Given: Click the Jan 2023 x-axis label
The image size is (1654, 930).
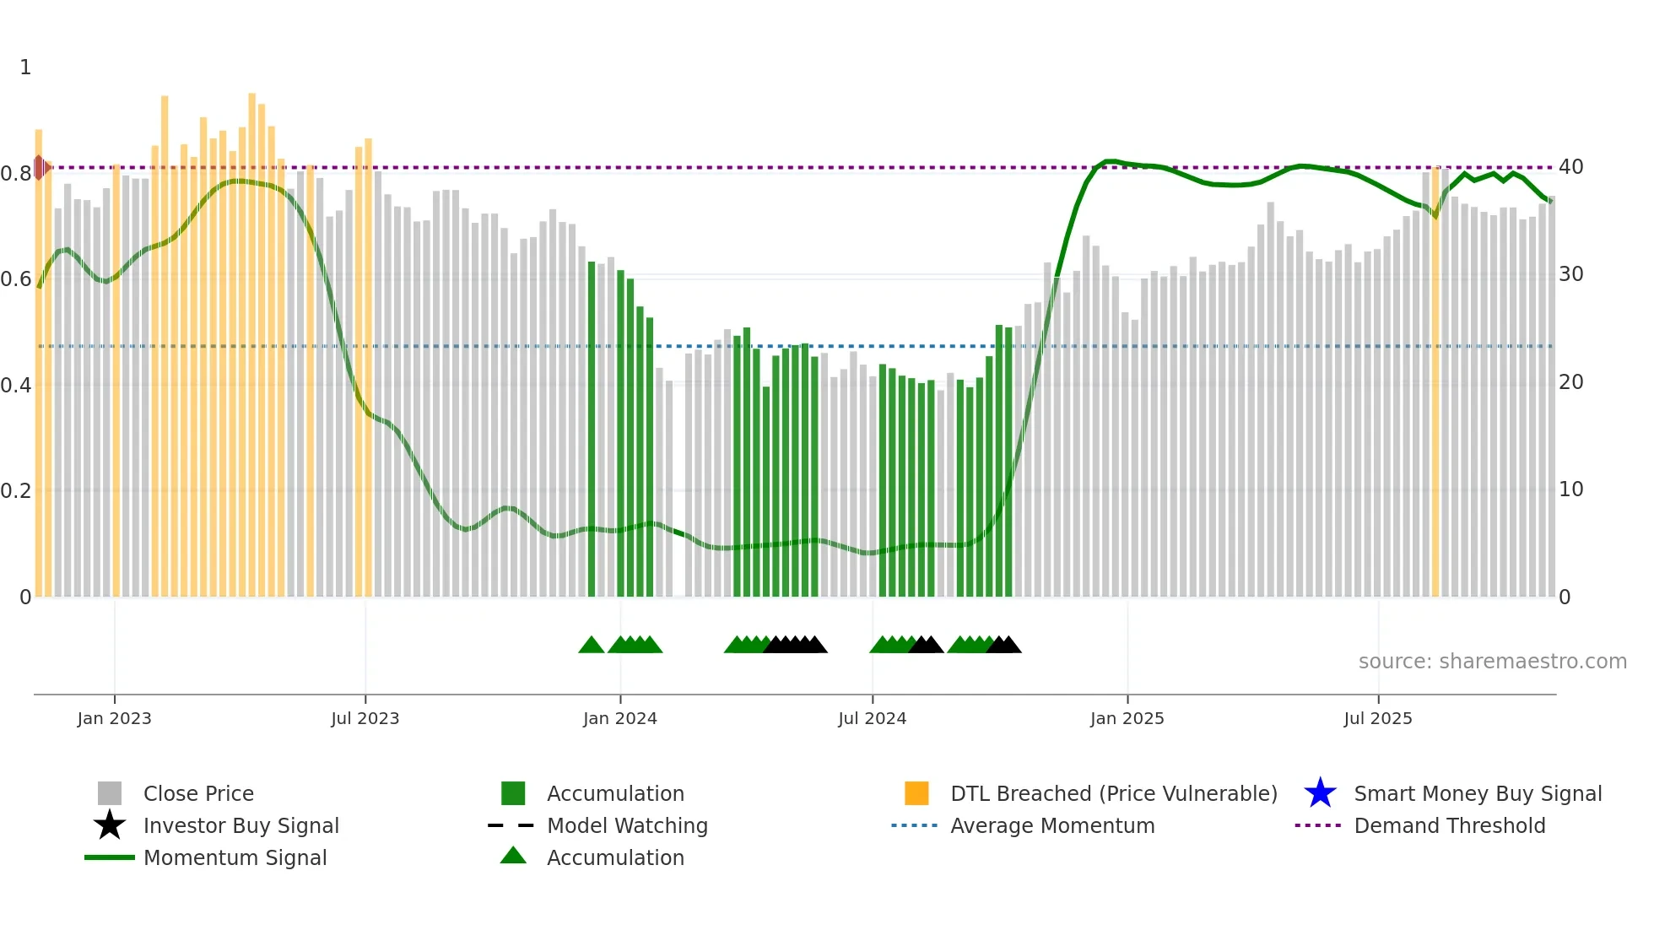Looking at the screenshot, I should click(114, 718).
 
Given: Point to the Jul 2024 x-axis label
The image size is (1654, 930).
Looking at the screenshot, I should click(872, 718).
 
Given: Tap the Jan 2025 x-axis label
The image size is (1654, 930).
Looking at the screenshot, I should click(1127, 718).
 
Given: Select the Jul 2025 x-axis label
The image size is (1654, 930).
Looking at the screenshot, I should click(1377, 718).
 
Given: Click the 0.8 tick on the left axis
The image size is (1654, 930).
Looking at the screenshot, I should click(16, 174).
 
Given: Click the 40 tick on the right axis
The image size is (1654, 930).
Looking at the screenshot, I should click(1570, 167).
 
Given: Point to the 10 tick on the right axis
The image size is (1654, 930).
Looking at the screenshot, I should click(1570, 489).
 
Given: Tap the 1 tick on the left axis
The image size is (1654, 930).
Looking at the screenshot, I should click(25, 68).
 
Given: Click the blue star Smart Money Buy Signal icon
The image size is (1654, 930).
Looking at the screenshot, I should click(1320, 793).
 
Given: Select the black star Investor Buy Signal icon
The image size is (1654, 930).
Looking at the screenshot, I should click(110, 825).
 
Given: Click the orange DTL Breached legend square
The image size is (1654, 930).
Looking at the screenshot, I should click(916, 793).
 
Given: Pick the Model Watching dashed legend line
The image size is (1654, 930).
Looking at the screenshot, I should click(511, 825).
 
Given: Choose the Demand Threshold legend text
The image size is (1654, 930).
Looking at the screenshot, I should click(1449, 825).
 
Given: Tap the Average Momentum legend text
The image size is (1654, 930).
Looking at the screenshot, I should click(1052, 825).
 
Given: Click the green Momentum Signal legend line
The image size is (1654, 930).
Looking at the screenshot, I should click(110, 857).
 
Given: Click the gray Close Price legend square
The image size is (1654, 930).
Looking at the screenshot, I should click(110, 793).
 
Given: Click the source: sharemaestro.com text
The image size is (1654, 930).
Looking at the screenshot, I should click(1492, 662).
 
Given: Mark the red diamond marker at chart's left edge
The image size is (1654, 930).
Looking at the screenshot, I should click(40, 167).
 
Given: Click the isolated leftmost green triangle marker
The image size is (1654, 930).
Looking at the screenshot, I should click(592, 646).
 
